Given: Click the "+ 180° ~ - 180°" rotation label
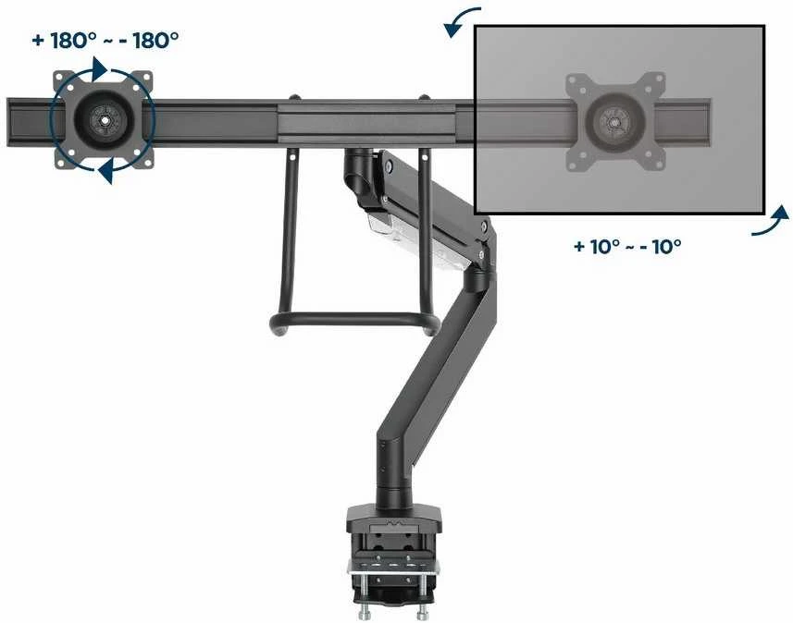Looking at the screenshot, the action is [105, 41].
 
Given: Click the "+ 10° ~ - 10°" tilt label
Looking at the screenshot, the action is [627, 247].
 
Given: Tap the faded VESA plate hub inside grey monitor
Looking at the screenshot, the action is [614, 122].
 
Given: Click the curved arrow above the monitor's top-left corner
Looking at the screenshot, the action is [459, 20].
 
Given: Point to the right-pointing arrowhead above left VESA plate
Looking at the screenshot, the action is [99, 68].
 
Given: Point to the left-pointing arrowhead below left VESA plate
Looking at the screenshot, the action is [105, 172].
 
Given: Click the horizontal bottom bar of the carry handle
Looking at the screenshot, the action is [353, 319].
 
